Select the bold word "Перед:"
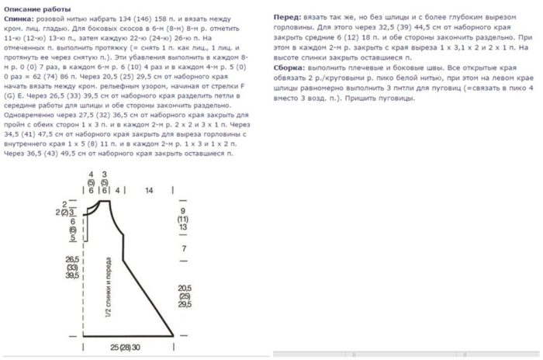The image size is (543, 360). coord(288,16)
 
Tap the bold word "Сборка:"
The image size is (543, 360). coord(289,67)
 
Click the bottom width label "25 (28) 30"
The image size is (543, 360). coord(126,347)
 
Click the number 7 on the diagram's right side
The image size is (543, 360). coord(183,249)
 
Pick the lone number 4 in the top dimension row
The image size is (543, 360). coord(117,190)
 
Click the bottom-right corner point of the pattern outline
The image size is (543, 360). coord(172,337)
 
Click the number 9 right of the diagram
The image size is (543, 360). coord(183,211)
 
